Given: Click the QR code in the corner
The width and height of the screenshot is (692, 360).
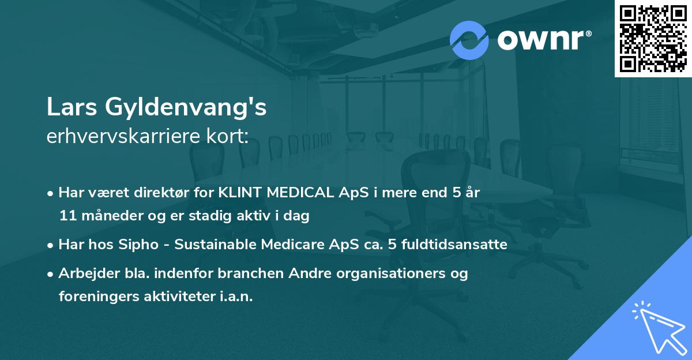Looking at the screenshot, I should coord(653,38).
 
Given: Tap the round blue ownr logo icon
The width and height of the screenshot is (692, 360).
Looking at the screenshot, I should coord(469,40).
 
